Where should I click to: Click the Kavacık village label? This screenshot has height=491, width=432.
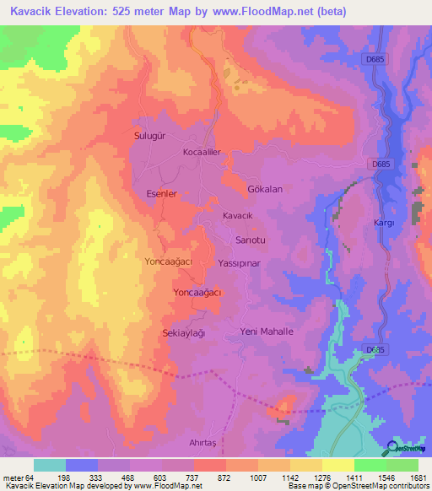pyautogui.click(x=237, y=216)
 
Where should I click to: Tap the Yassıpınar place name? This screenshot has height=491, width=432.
pyautogui.click(x=242, y=262)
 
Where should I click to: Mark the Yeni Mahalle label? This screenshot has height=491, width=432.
pyautogui.click(x=267, y=332)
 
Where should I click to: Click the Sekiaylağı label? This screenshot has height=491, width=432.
pyautogui.click(x=184, y=333)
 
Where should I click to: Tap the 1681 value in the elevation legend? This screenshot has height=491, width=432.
pyautogui.click(x=407, y=477)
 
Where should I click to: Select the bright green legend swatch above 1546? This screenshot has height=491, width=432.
pyautogui.click(x=370, y=465)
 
